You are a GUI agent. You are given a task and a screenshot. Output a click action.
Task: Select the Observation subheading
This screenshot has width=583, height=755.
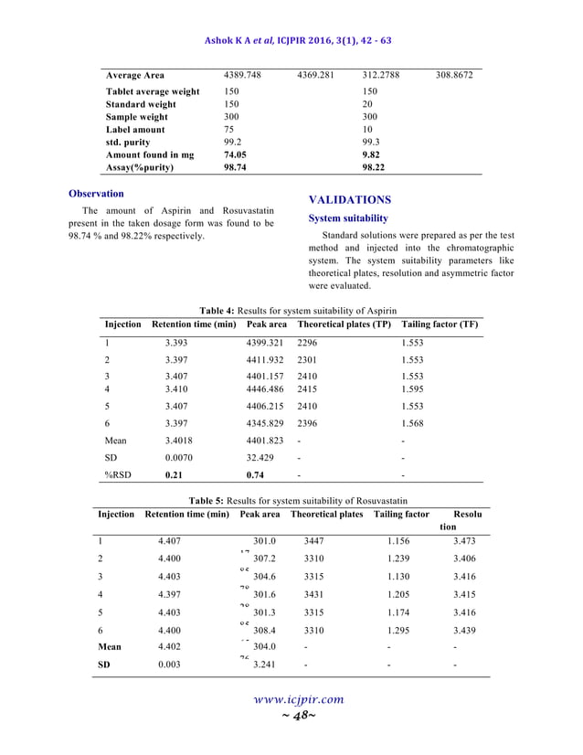[x=96, y=194]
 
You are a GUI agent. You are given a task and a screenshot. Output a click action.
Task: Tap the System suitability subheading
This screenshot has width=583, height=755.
[x=347, y=218]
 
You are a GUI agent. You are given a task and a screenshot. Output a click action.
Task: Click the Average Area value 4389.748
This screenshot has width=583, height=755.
[x=243, y=75]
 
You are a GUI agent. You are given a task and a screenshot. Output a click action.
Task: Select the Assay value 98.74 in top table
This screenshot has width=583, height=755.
[x=237, y=168]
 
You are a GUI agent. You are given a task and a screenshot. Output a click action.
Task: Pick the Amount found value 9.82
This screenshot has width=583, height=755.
[x=371, y=155]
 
